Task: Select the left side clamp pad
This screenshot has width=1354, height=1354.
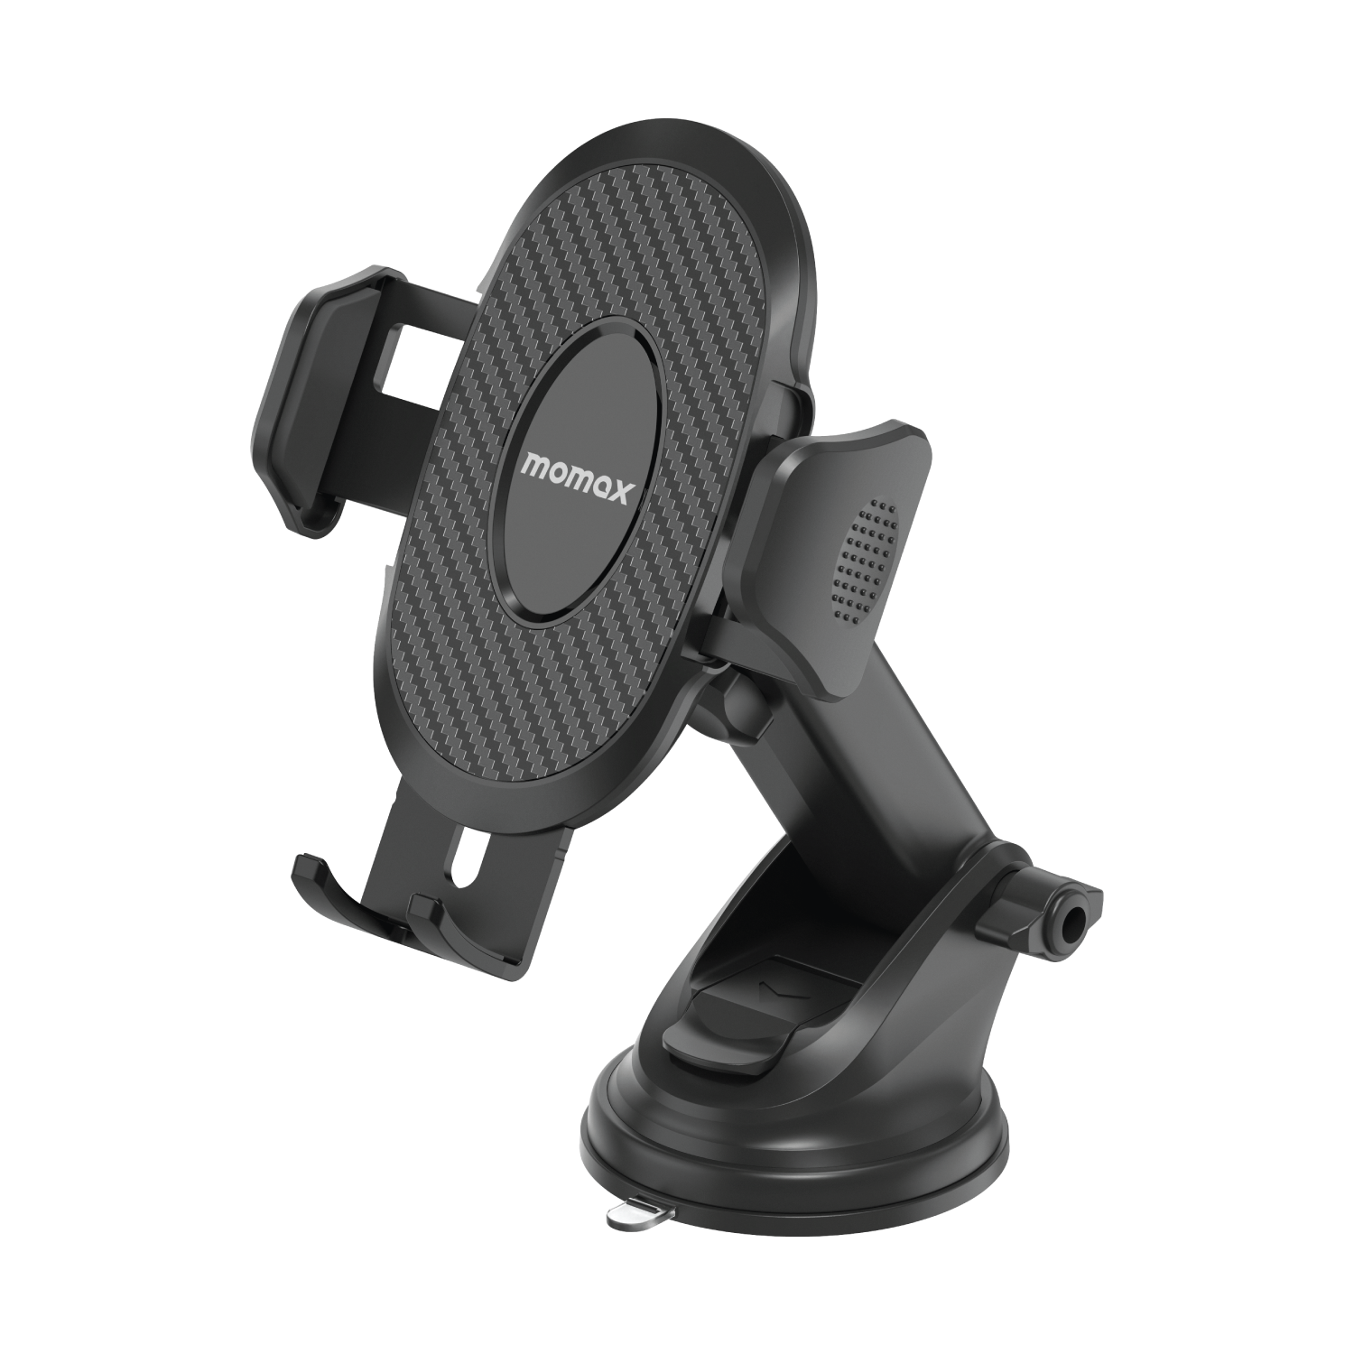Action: point(299,397)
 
